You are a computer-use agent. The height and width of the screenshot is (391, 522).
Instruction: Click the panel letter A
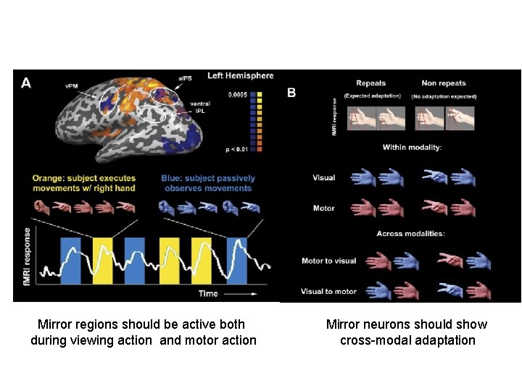tap(26, 83)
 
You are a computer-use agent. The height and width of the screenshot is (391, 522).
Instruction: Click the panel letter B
tap(291, 93)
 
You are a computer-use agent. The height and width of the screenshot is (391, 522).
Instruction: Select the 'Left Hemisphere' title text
tap(240, 76)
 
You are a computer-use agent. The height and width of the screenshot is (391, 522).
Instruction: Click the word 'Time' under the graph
tap(209, 293)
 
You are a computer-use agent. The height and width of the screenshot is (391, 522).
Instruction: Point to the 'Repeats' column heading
tap(370, 83)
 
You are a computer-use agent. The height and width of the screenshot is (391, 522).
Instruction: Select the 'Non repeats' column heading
tap(443, 83)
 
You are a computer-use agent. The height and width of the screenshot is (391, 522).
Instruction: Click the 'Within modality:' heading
tap(411, 148)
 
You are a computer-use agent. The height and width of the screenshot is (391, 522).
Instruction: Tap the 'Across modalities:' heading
tap(411, 233)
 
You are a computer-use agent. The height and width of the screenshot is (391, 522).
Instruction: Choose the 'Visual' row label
tap(323, 177)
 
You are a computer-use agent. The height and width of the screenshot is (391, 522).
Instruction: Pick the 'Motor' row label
tap(323, 209)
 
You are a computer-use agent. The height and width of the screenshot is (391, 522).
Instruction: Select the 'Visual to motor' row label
tap(328, 291)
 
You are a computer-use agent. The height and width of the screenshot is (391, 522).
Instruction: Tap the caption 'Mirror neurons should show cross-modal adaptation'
tap(407, 332)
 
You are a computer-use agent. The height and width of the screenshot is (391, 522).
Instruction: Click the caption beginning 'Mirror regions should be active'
tap(143, 332)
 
